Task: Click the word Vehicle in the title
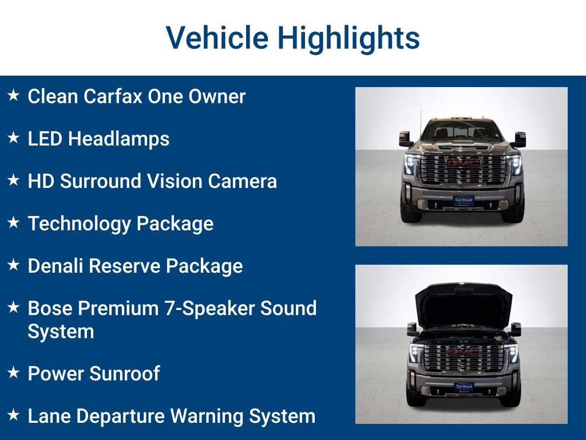[217, 38]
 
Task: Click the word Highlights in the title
[349, 38]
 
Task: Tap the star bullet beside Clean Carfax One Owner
[14, 95]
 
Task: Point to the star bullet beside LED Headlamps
[14, 137]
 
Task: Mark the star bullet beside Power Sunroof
[14, 372]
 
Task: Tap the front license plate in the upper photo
[463, 201]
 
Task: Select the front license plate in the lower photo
[464, 387]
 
